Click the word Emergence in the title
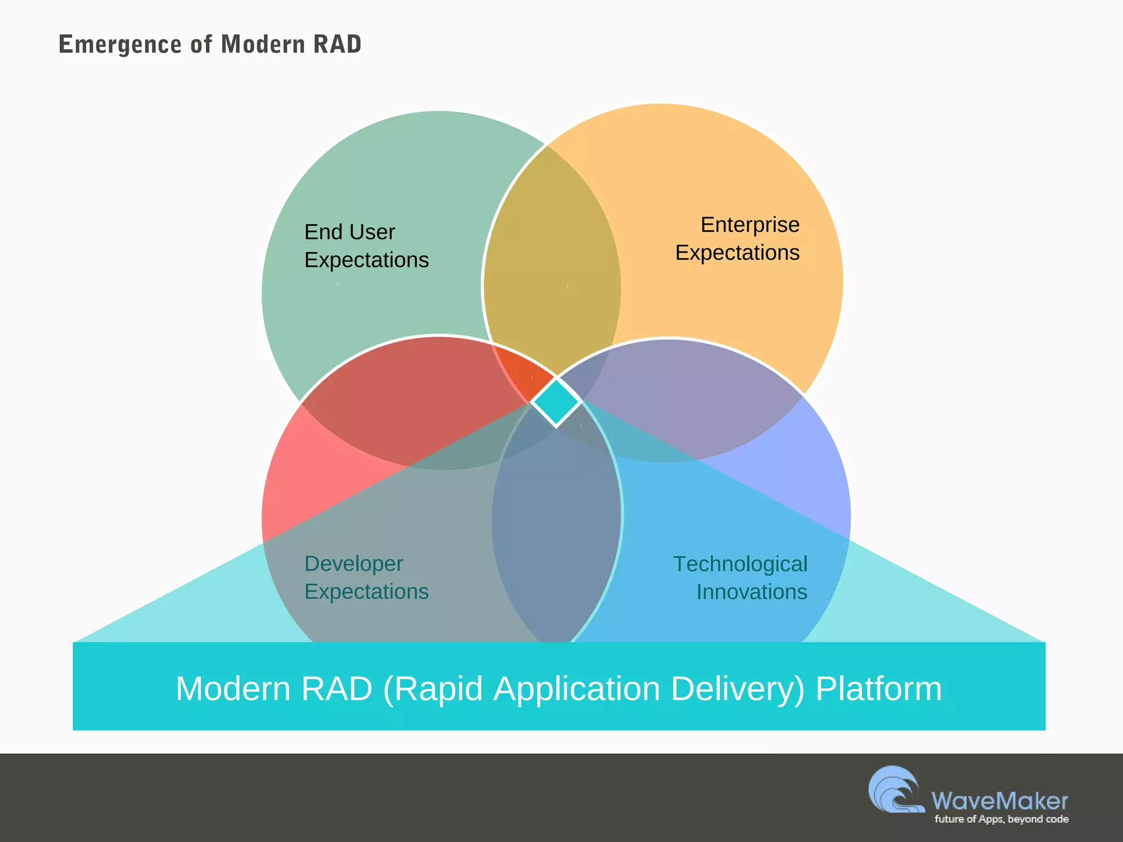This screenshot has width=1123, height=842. click(120, 44)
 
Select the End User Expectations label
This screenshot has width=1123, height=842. click(366, 246)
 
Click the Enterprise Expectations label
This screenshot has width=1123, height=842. click(738, 238)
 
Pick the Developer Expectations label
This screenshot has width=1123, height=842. click(366, 577)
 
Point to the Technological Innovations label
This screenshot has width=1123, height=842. click(740, 578)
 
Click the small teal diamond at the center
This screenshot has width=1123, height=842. click(556, 402)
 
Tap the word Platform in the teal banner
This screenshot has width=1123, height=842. click(878, 689)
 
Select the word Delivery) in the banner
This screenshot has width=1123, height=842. click(738, 689)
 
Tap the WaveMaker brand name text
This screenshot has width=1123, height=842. click(999, 801)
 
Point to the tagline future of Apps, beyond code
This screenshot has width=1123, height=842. click(1001, 819)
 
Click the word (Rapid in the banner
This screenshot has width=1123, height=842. click(433, 689)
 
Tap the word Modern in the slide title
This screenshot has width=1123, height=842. click(263, 44)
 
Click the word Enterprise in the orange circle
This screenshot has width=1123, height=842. click(750, 225)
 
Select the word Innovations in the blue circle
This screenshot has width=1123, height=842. click(751, 592)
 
